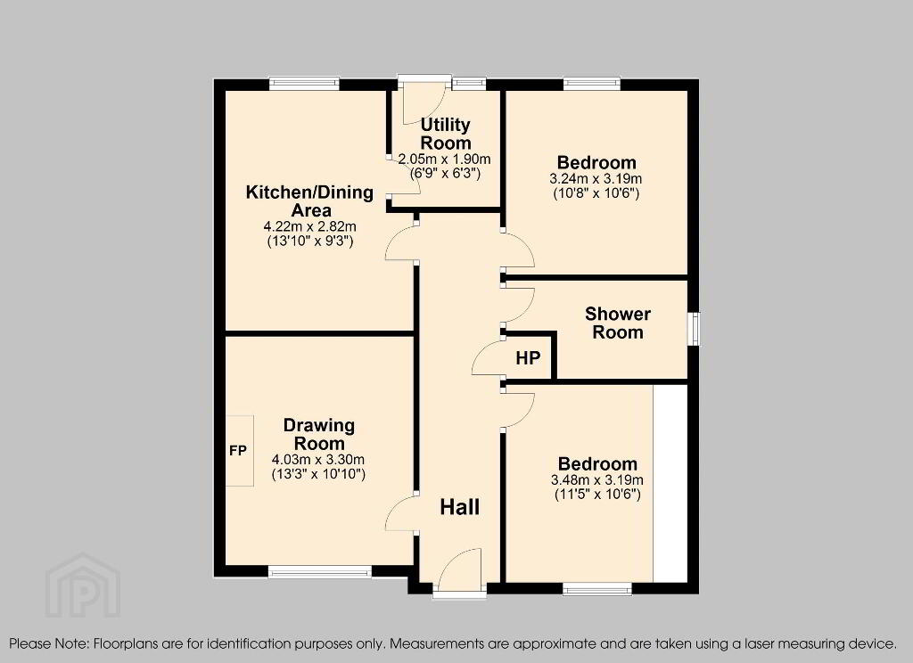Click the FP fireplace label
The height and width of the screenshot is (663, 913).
click(238, 450)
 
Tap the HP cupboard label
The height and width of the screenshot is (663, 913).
click(528, 358)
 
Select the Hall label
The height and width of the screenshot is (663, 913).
click(460, 507)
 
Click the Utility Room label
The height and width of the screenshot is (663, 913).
click(446, 134)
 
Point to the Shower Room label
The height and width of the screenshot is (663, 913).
click(618, 323)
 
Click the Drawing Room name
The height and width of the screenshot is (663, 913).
click(318, 434)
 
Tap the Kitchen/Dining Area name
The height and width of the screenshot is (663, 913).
click(309, 201)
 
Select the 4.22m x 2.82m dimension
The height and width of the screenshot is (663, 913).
click(309, 226)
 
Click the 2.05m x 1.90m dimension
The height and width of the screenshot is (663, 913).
click(445, 159)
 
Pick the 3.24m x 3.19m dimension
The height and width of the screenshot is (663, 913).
click(596, 179)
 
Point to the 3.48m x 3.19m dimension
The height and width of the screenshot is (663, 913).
click(597, 480)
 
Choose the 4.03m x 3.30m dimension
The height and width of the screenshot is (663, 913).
click(318, 460)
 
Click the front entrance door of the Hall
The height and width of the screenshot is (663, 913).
click(460, 571)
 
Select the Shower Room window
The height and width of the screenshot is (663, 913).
click(694, 330)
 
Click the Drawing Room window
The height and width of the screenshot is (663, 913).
click(320, 571)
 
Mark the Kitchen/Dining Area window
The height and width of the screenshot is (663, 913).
click(304, 84)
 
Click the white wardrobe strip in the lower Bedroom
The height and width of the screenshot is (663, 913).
click(670, 483)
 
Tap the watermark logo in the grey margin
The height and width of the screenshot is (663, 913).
click(83, 585)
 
